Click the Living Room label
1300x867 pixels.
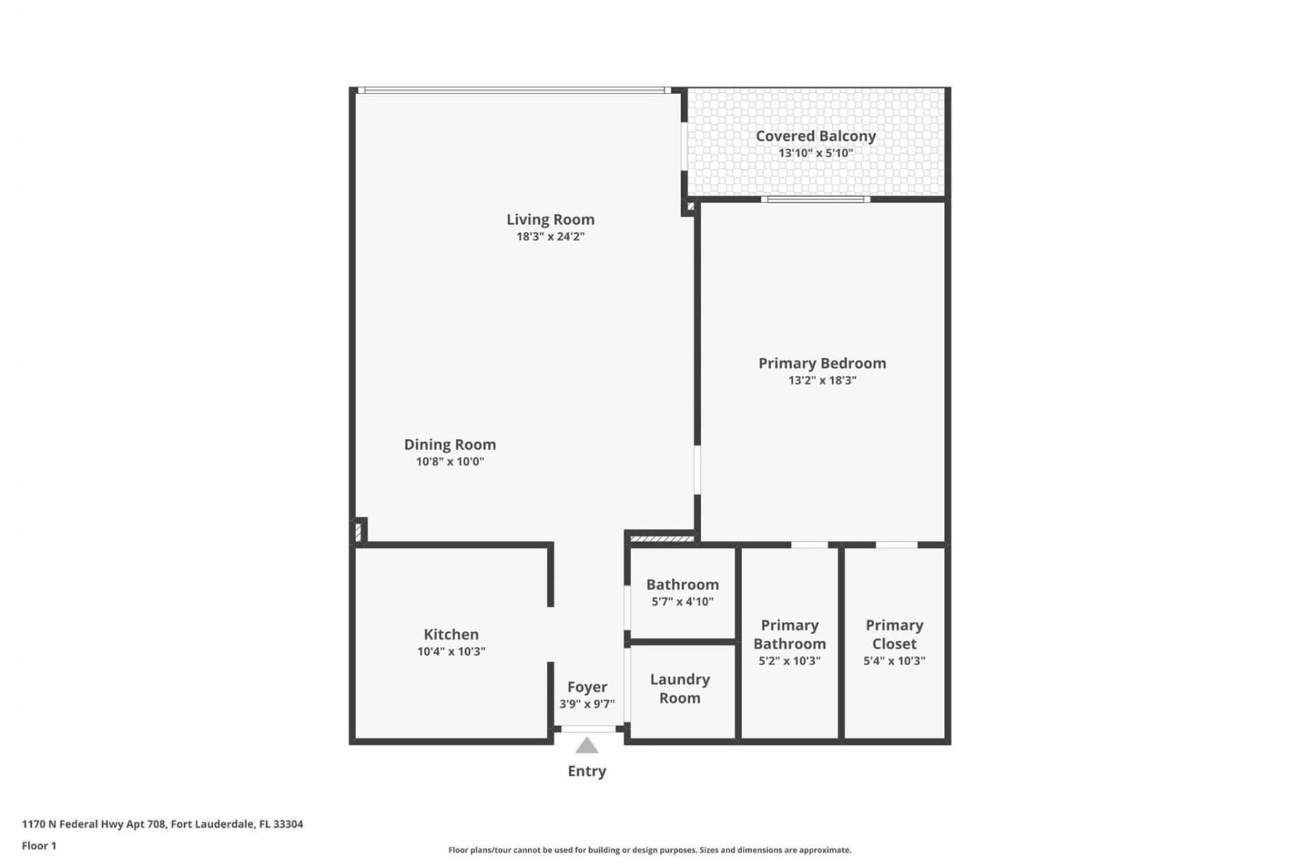(x=550, y=219)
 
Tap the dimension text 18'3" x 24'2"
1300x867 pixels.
(x=550, y=236)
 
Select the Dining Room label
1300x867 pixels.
(x=450, y=444)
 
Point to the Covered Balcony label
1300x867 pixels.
(x=815, y=136)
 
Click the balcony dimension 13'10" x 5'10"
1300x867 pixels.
(x=815, y=153)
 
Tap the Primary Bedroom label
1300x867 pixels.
(x=822, y=363)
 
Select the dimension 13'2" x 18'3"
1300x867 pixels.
(x=822, y=381)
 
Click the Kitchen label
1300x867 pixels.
(x=451, y=635)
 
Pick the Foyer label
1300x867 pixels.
(x=586, y=687)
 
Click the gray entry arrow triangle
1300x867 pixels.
(x=586, y=746)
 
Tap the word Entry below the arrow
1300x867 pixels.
(x=586, y=771)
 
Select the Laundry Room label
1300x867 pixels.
(x=680, y=688)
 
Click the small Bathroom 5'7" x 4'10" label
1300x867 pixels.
(x=682, y=592)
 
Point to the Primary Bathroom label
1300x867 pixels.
(x=789, y=635)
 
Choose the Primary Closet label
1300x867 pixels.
(x=894, y=635)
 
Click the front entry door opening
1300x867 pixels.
(x=588, y=729)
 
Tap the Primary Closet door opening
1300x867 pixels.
(x=896, y=545)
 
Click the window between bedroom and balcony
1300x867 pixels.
(x=815, y=199)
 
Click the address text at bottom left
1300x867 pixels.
(x=162, y=824)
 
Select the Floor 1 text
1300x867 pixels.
(x=39, y=845)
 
